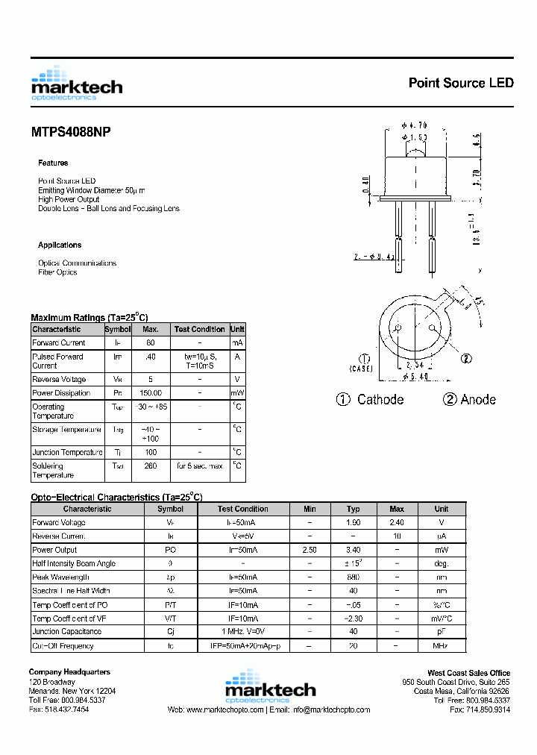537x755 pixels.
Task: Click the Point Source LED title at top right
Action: [x=460, y=83]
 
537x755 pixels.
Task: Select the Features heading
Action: [x=53, y=163]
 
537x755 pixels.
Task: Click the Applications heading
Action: [x=60, y=245]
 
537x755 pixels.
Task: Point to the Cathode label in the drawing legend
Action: [x=380, y=399]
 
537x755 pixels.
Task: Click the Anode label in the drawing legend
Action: [x=477, y=399]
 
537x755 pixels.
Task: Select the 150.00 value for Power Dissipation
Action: [x=150, y=393]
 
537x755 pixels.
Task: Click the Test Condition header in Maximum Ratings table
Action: [x=199, y=329]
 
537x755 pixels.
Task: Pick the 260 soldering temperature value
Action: [x=150, y=466]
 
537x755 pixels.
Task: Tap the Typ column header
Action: [x=353, y=509]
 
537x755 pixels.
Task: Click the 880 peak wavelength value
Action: [x=353, y=577]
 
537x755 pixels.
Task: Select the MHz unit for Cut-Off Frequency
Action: [x=442, y=646]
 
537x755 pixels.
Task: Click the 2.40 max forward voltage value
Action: [x=397, y=522]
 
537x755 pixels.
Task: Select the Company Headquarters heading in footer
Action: [x=69, y=672]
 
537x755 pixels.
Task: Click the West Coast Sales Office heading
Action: [x=468, y=673]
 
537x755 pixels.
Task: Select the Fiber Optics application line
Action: [x=57, y=272]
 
